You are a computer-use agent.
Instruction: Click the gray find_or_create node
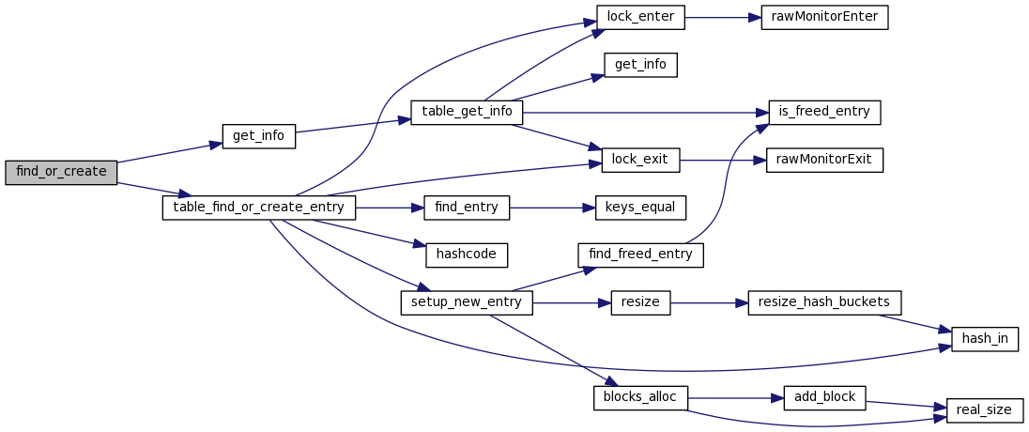61,173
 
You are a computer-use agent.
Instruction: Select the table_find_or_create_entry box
259,208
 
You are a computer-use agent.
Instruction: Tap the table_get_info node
467,112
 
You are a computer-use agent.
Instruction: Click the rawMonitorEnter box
824,18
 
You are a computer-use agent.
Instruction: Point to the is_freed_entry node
824,112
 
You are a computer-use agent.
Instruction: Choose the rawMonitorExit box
824,160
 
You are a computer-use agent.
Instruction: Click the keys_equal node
640,208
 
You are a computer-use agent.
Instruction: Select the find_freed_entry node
640,255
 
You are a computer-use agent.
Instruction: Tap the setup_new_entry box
467,302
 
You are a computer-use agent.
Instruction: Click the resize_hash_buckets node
824,302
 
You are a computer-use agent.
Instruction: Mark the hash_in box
985,339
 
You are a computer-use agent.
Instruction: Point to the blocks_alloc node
640,397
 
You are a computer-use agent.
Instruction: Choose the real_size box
985,409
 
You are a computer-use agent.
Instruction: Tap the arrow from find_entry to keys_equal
552,208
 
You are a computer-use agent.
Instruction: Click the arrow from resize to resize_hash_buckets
709,302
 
